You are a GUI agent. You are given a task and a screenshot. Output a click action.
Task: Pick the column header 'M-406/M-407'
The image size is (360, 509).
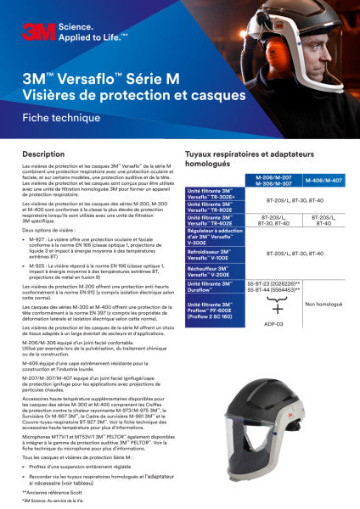click(323, 181)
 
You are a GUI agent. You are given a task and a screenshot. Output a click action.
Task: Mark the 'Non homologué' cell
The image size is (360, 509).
click(323, 304)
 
